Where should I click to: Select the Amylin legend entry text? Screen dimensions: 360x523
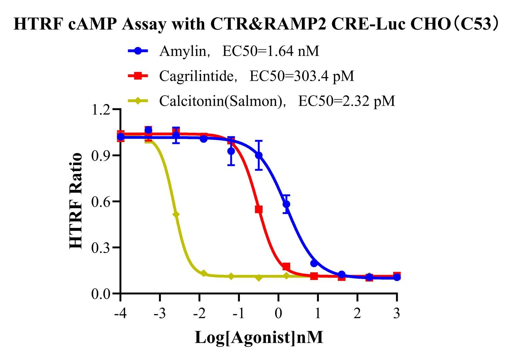(239, 51)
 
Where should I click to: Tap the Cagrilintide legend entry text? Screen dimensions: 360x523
(256, 76)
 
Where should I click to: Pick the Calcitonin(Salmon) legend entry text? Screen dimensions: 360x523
(277, 101)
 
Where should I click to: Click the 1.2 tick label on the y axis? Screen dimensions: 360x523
(102, 110)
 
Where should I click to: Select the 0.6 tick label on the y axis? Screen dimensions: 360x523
(102, 202)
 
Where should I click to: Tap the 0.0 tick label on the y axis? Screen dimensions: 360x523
(102, 294)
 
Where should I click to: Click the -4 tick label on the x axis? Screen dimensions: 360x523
(120, 314)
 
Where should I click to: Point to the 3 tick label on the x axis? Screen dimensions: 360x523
(397, 314)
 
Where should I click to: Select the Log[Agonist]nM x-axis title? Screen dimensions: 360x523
(259, 337)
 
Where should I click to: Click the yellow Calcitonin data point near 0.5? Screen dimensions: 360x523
(176, 214)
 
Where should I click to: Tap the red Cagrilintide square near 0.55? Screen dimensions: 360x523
(258, 209)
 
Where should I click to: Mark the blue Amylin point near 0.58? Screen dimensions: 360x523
(286, 204)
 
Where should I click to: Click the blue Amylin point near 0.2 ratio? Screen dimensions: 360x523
(314, 263)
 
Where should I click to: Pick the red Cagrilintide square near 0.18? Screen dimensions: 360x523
(286, 266)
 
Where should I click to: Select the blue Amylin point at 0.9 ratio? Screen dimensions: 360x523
(258, 155)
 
